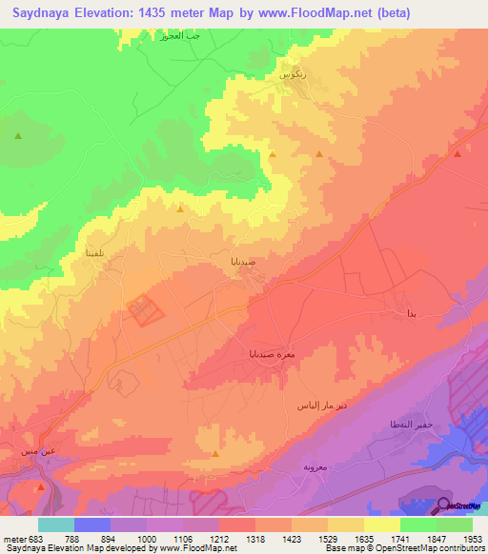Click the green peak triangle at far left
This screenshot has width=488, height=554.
(x=17, y=136)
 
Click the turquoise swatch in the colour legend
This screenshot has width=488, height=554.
(x=55, y=524)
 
